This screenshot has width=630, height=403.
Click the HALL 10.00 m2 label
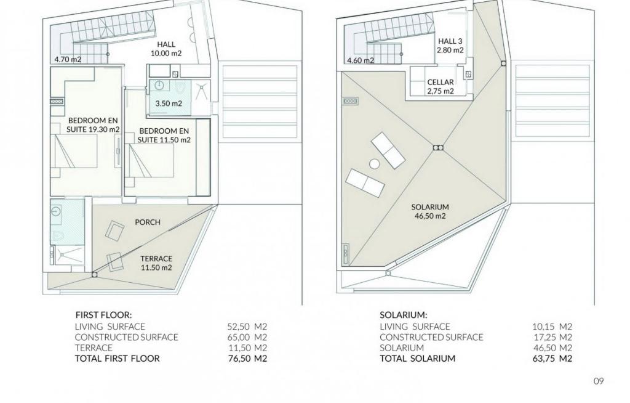click(166, 49)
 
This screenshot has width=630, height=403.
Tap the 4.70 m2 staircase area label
click(68, 60)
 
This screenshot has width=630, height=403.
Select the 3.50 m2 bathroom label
click(169, 104)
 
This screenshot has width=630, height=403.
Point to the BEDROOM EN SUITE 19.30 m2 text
click(94, 125)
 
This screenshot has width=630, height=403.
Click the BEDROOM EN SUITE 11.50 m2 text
click(164, 136)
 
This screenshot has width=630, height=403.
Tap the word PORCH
click(148, 222)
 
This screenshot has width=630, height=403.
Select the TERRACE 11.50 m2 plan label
click(156, 263)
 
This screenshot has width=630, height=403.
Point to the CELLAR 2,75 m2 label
click(441, 86)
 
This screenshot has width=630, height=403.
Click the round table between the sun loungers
click(375, 165)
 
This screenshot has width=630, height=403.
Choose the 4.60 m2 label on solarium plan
click(361, 61)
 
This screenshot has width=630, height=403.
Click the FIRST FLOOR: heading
click(103, 315)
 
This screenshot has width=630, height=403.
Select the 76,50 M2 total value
click(247, 358)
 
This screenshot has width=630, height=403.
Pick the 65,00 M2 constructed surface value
click(247, 337)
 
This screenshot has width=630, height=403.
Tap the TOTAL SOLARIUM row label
click(418, 358)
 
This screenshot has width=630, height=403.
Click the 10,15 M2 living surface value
click(552, 327)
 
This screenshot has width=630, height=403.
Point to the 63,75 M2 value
click(552, 358)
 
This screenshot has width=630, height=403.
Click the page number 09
click(599, 381)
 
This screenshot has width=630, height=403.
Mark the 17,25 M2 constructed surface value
click(552, 337)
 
